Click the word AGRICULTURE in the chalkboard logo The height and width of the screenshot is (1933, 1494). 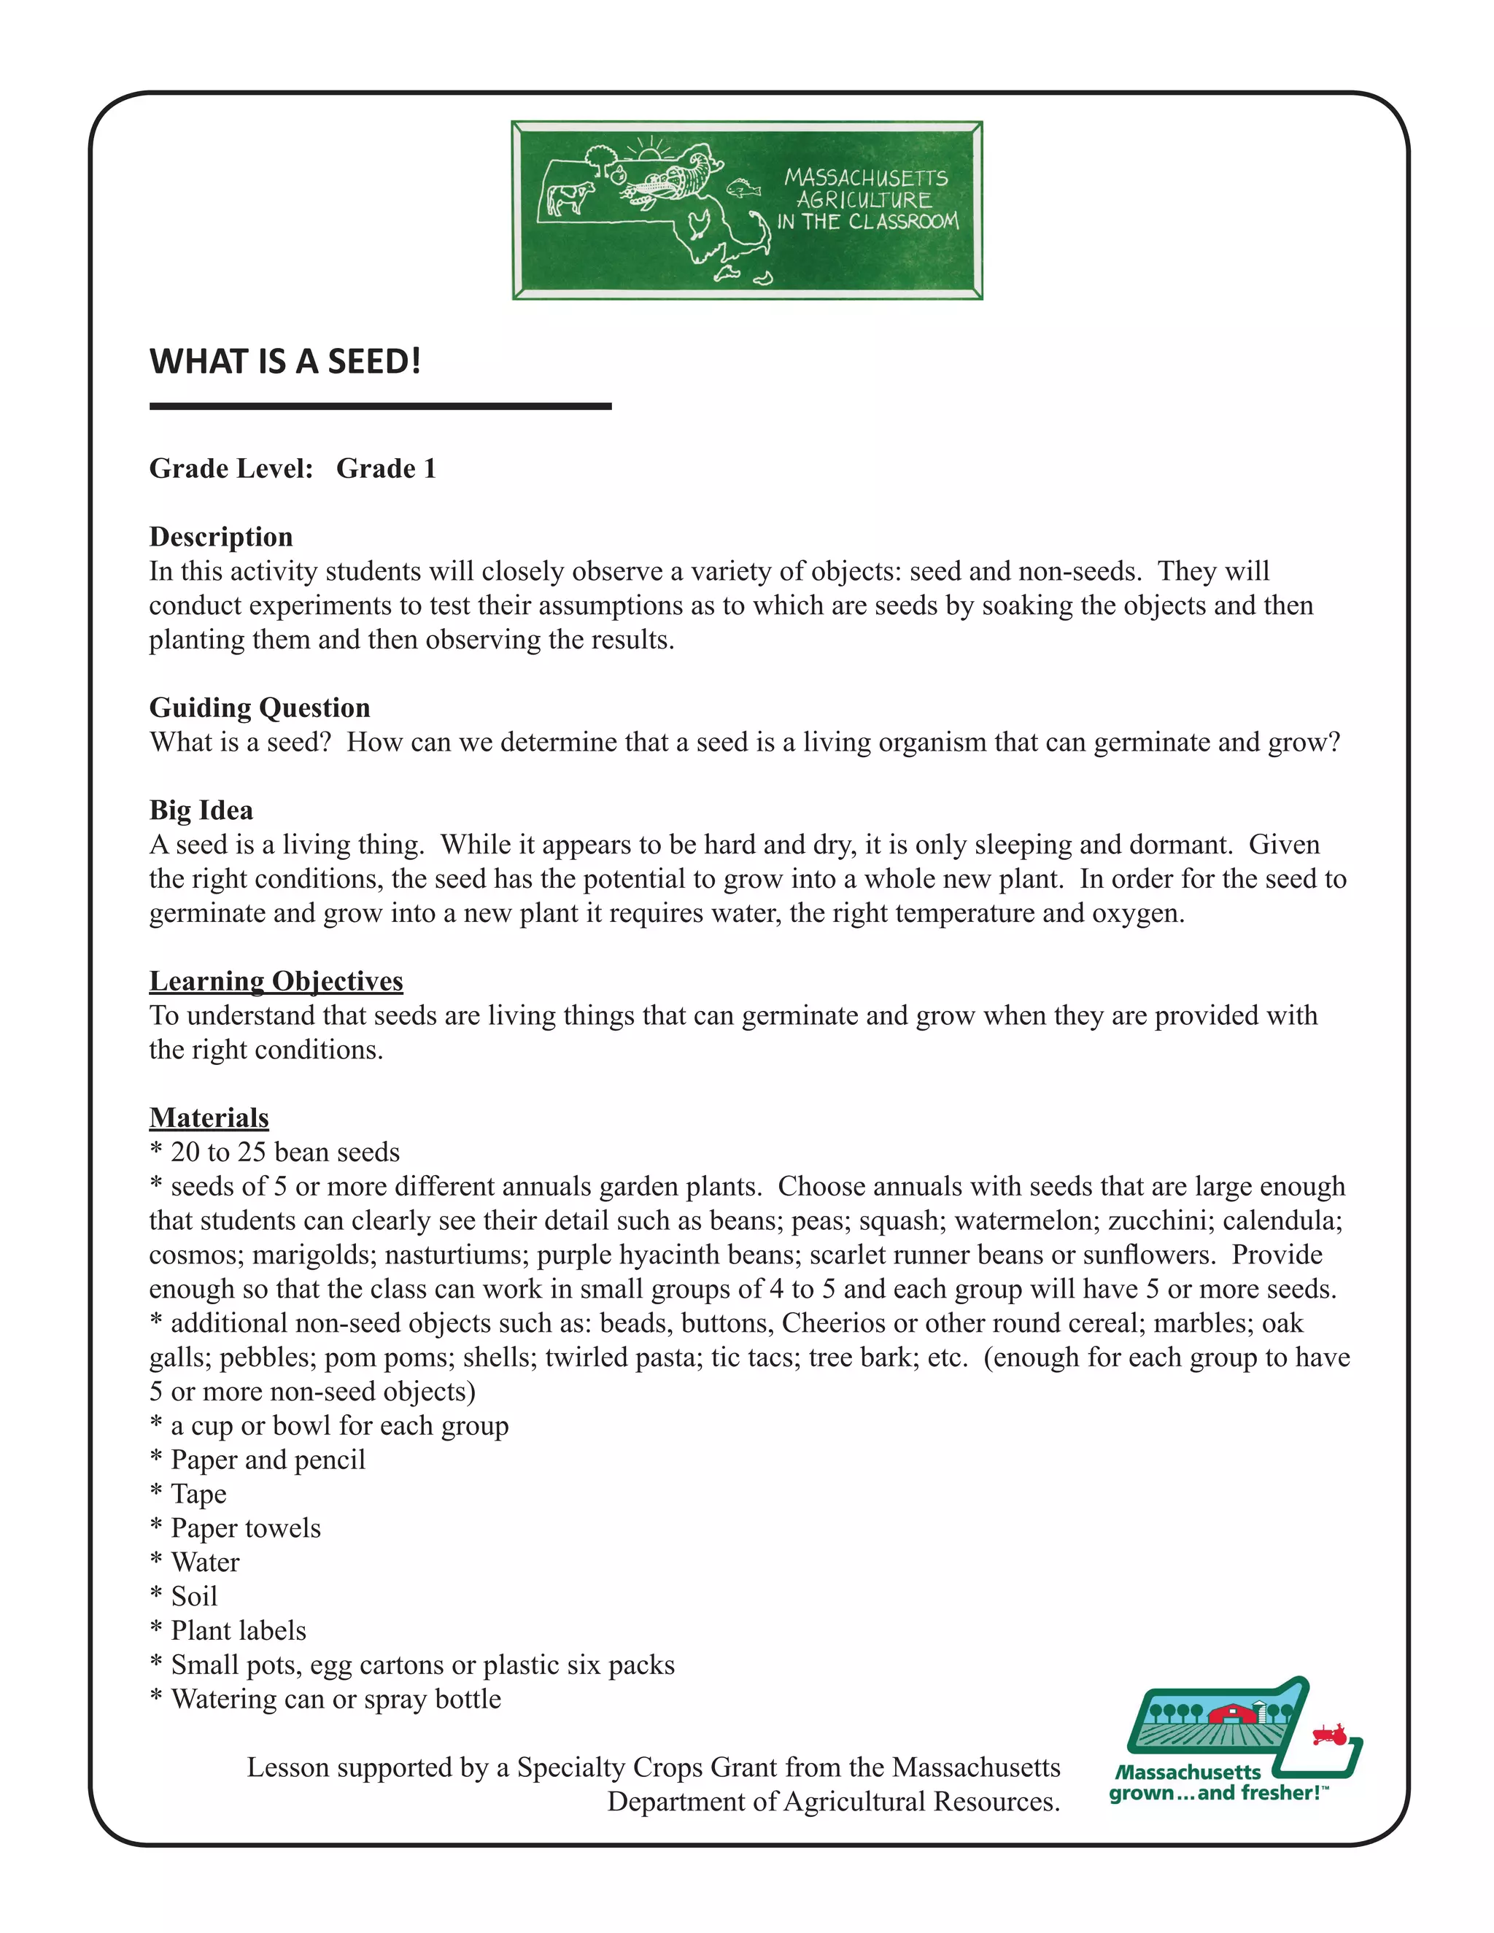coord(864,200)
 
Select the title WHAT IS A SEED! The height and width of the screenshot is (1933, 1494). coord(285,361)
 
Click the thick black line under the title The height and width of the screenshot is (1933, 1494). coord(381,406)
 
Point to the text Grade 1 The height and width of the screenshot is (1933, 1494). coord(386,468)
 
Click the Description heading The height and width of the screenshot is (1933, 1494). coord(220,536)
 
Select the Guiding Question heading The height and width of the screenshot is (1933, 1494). coord(259,707)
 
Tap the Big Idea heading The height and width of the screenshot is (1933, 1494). coord(201,810)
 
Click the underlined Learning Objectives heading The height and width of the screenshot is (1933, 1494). coord(276,980)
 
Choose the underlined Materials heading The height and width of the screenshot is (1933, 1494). coord(209,1117)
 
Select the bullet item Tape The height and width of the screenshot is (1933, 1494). coord(198,1494)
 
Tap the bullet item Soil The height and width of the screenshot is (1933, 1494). coord(194,1597)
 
